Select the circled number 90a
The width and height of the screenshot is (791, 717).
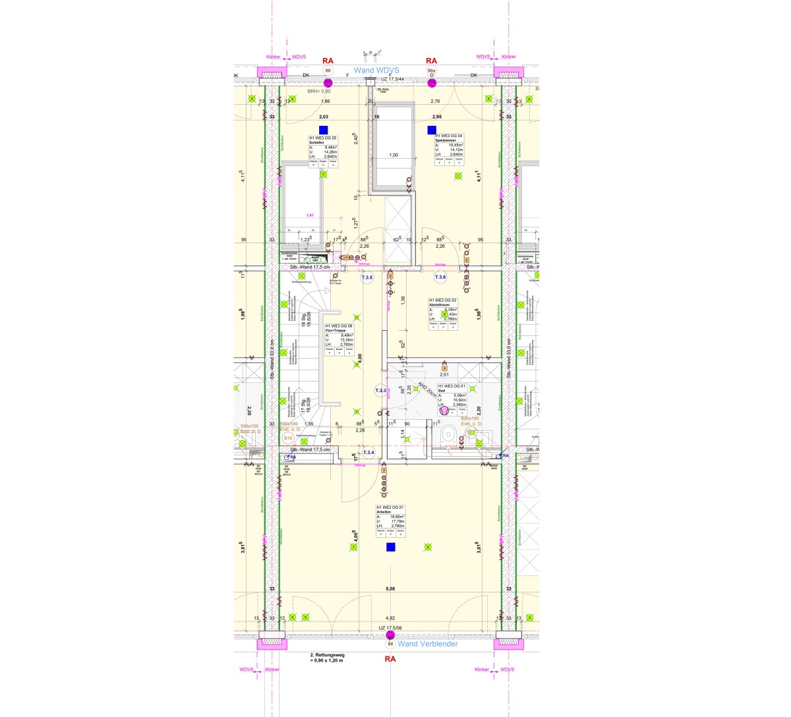pyautogui.click(x=432, y=71)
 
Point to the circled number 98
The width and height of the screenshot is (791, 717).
pyautogui.click(x=390, y=645)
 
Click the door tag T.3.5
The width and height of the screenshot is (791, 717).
pyautogui.click(x=367, y=278)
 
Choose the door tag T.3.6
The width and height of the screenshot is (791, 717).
pyautogui.click(x=440, y=278)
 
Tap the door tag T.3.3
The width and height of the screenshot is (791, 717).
pyautogui.click(x=381, y=390)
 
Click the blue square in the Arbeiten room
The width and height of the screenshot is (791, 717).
pyautogui.click(x=390, y=547)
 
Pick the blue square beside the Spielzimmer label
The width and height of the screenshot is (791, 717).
pyautogui.click(x=432, y=130)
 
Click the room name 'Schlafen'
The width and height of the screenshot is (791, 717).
pyautogui.click(x=317, y=142)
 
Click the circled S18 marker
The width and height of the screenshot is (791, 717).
pyautogui.click(x=288, y=438)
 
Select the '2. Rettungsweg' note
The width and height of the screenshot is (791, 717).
pyautogui.click(x=326, y=655)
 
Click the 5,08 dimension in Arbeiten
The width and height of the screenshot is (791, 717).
pyautogui.click(x=390, y=588)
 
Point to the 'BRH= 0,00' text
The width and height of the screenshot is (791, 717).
pyautogui.click(x=319, y=91)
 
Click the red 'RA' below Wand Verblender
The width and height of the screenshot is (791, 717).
pyautogui.click(x=390, y=658)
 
